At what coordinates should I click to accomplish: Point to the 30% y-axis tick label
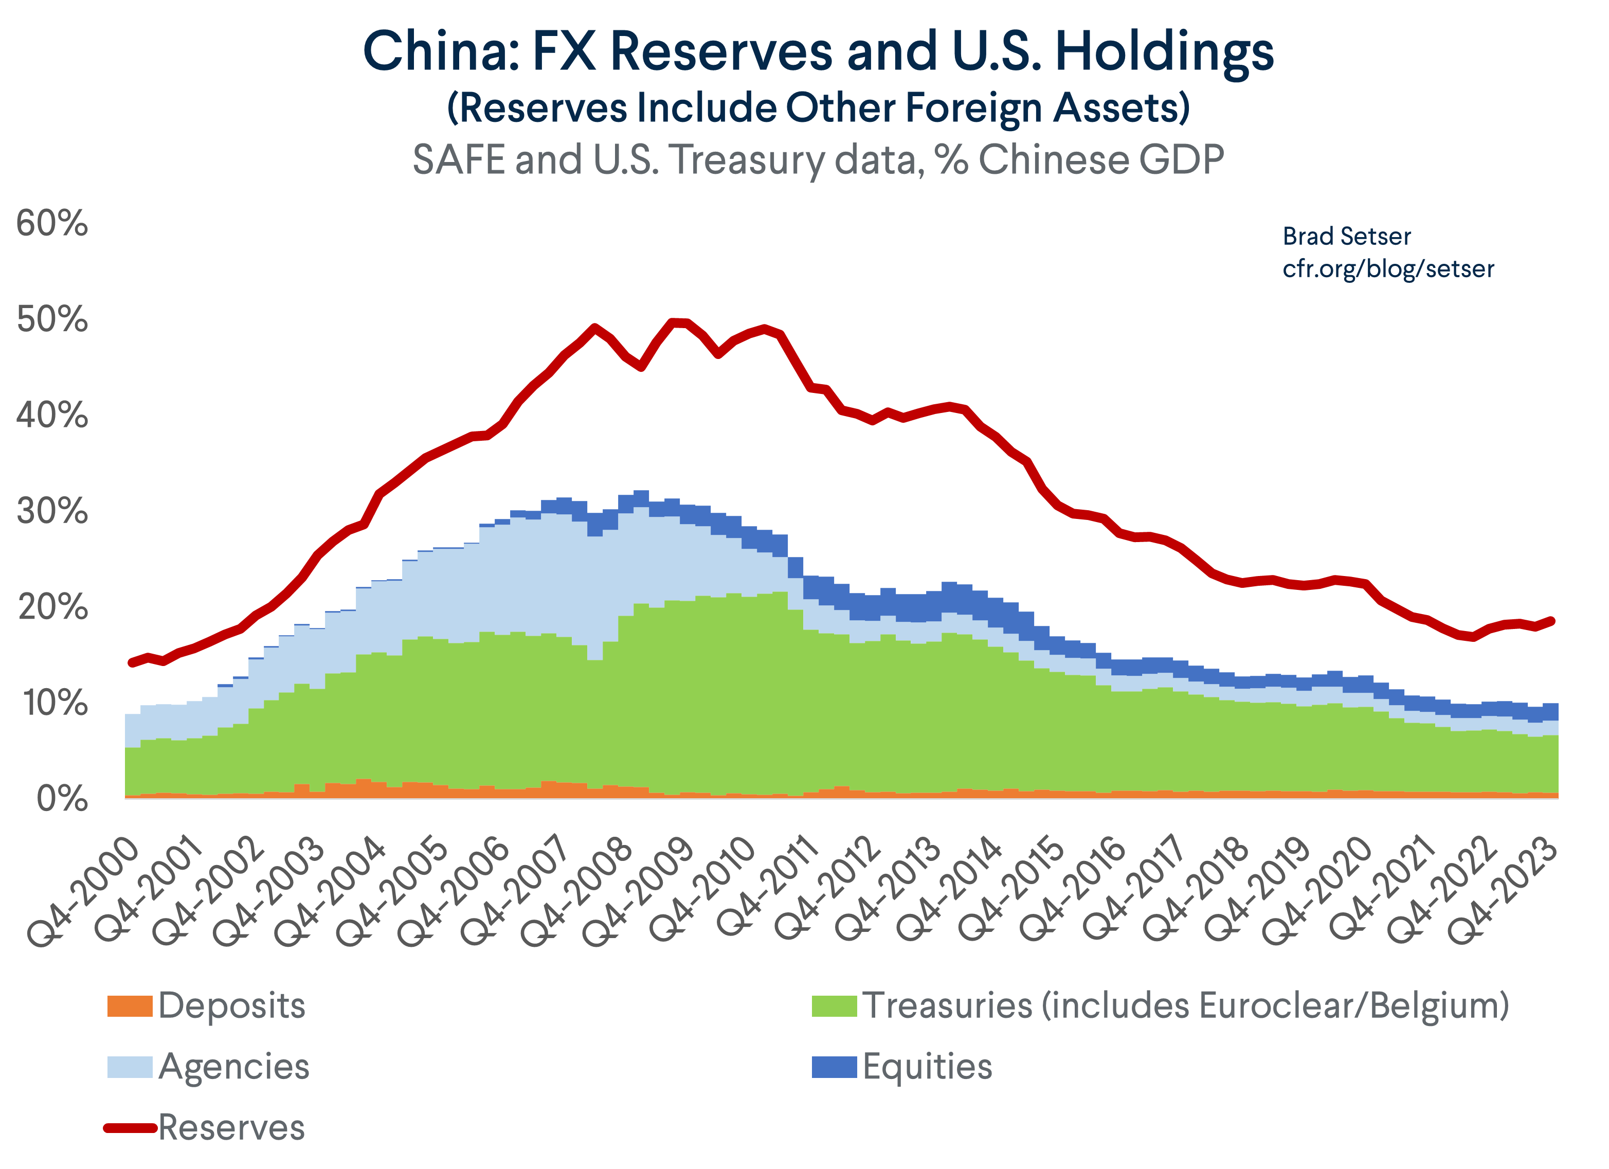pyautogui.click(x=52, y=511)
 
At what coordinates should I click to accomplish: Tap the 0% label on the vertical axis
pyautogui.click(x=62, y=799)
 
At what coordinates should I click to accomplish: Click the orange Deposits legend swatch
pyautogui.click(x=130, y=1006)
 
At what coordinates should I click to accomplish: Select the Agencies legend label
pyautogui.click(x=233, y=1066)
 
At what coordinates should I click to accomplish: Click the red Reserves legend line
pyautogui.click(x=130, y=1127)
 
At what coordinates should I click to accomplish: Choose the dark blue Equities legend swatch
pyautogui.click(x=834, y=1066)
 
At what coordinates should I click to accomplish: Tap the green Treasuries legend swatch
pyautogui.click(x=834, y=1006)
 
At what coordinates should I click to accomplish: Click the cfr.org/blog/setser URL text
pyautogui.click(x=1388, y=269)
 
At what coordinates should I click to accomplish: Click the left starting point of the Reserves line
pyautogui.click(x=131, y=662)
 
